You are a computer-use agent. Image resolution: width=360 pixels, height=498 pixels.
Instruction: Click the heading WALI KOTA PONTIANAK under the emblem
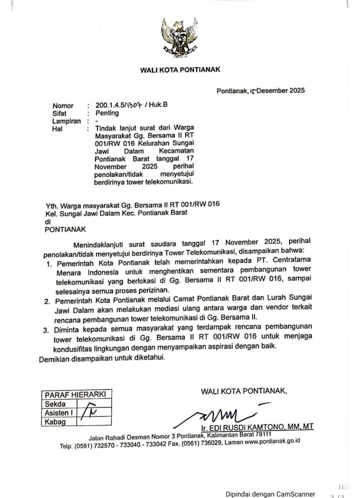pyautogui.click(x=180, y=70)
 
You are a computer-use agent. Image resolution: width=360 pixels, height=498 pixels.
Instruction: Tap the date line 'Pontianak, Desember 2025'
pyautogui.click(x=260, y=91)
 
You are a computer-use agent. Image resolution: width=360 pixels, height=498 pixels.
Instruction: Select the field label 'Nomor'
pyautogui.click(x=63, y=106)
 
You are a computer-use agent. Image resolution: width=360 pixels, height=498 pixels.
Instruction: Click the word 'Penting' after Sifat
pyautogui.click(x=107, y=113)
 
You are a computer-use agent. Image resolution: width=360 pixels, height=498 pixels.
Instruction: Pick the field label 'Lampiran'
pyautogui.click(x=66, y=121)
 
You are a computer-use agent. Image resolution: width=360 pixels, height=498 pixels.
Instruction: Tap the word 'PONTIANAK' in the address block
pyautogui.click(x=65, y=229)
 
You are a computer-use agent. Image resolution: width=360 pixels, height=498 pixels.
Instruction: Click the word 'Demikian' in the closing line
pyautogui.click(x=54, y=358)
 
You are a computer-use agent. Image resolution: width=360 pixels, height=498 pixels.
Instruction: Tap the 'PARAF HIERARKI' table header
pyautogui.click(x=75, y=394)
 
